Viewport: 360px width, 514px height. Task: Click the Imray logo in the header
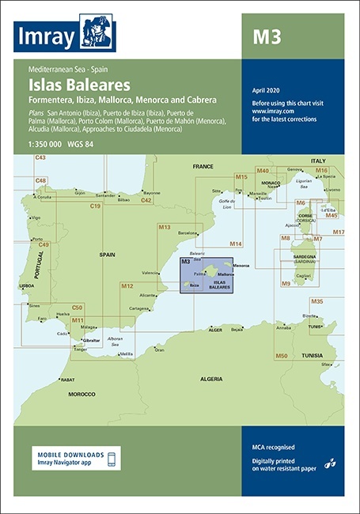(66, 33)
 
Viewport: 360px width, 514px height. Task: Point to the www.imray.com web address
(270, 111)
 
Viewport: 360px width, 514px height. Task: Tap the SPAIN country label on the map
(108, 255)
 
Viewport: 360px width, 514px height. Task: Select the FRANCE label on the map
(203, 167)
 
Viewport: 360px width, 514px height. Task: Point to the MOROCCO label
(81, 393)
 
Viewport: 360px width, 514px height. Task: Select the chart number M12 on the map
(127, 285)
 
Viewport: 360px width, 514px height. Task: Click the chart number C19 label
(95, 206)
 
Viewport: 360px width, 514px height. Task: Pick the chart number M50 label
(281, 357)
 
